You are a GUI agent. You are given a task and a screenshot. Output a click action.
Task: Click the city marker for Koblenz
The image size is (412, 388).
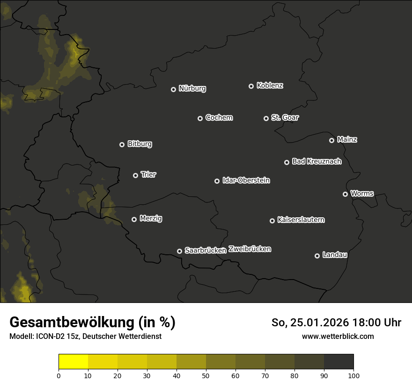click(251, 86)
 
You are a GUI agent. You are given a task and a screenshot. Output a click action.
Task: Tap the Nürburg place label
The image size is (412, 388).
click(192, 88)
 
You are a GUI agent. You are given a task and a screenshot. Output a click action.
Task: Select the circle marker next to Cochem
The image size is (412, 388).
click(200, 118)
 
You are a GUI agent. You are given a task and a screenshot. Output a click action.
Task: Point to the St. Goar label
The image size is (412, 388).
click(285, 117)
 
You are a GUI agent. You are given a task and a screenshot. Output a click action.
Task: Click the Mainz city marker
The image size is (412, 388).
click(331, 140)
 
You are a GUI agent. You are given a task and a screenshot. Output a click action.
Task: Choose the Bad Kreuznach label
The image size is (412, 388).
click(316, 161)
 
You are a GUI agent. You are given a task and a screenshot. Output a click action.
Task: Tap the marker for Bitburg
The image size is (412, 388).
click(122, 144)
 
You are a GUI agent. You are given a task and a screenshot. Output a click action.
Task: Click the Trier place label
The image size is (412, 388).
click(148, 174)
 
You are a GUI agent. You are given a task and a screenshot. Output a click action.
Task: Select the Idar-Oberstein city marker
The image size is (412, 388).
click(217, 181)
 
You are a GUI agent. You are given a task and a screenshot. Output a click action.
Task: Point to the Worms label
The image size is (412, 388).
click(362, 193)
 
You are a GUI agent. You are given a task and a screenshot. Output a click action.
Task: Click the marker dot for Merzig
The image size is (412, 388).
click(134, 219)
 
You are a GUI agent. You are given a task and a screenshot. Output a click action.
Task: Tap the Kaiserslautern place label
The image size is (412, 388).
click(301, 220)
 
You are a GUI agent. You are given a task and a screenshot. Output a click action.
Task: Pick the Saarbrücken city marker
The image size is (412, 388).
click(179, 251)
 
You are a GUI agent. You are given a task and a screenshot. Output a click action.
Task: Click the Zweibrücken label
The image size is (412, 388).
click(250, 249)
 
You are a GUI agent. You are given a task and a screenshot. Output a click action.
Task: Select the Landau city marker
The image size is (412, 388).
click(317, 256)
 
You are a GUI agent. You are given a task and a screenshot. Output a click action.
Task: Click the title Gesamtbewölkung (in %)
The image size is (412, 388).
click(92, 322)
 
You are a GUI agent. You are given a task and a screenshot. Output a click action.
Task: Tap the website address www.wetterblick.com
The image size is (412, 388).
click(338, 336)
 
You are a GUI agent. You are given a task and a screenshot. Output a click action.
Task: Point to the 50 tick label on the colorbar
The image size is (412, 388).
click(206, 375)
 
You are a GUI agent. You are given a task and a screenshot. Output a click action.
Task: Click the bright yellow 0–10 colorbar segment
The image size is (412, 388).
click(74, 362)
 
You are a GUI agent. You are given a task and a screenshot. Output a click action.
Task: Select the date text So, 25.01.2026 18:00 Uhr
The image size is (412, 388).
click(336, 323)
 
